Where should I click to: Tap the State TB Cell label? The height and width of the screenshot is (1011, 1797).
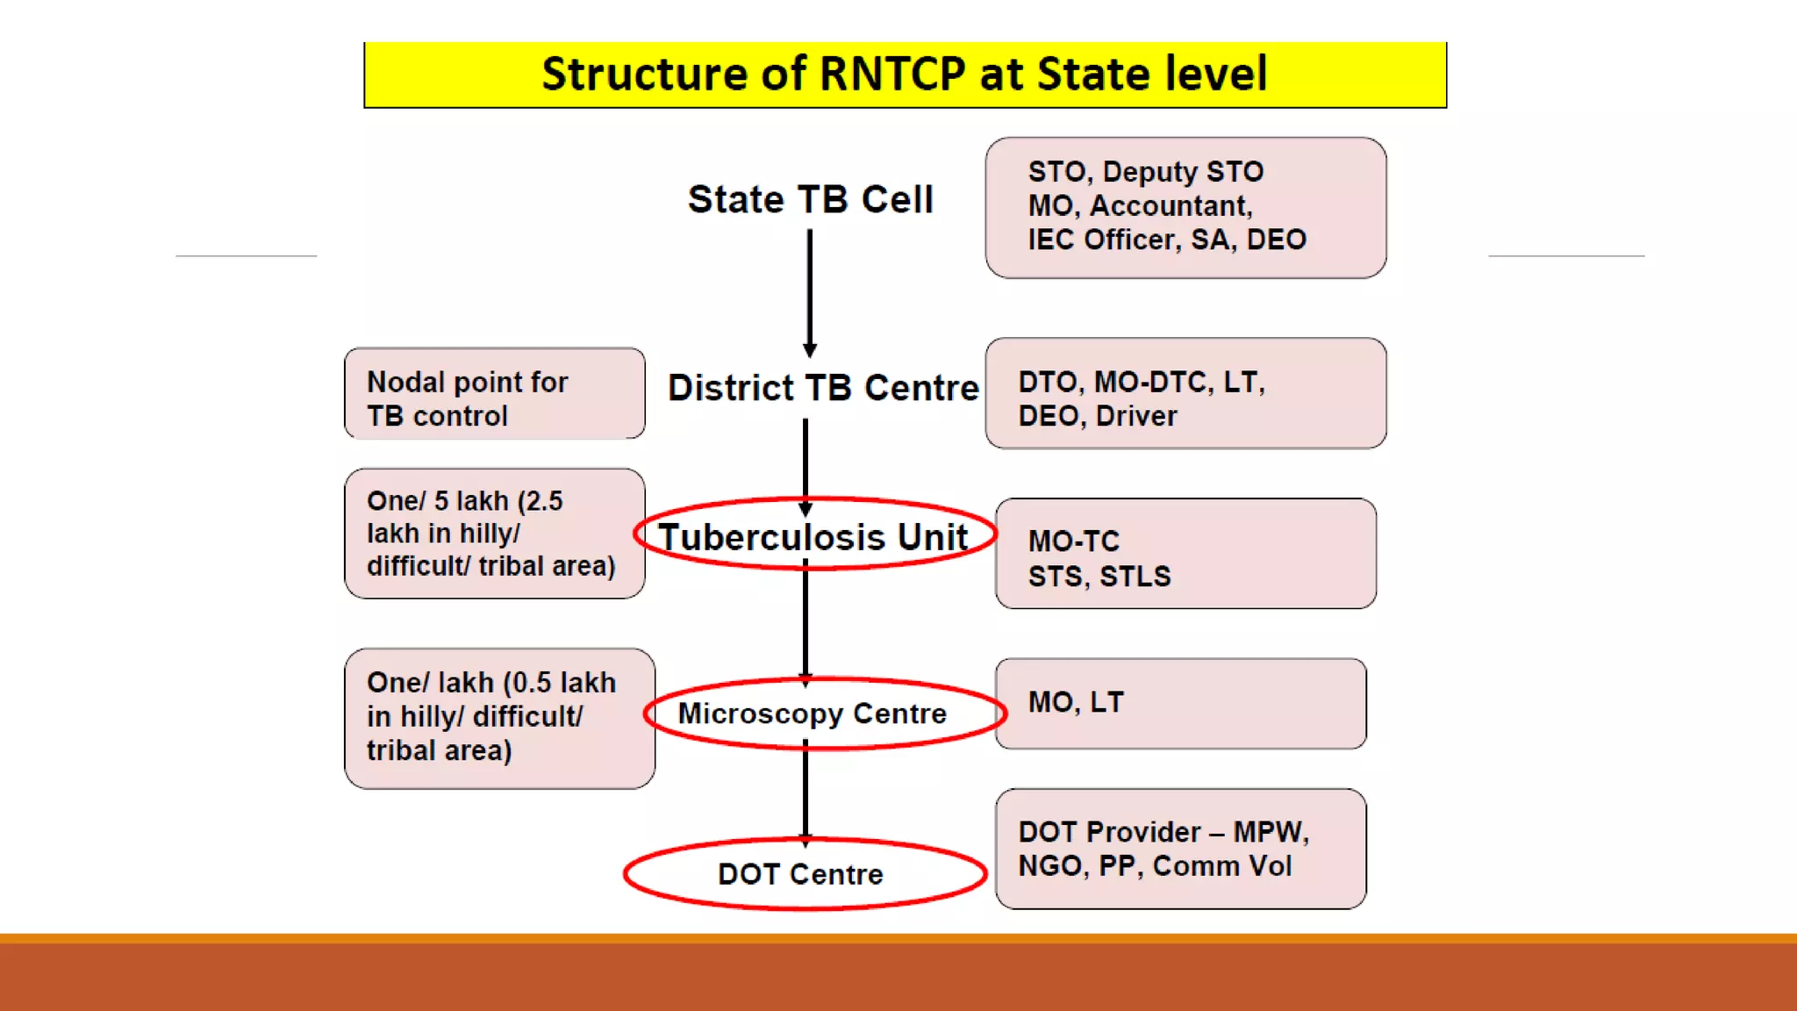click(810, 199)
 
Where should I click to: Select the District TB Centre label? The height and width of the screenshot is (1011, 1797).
click(822, 388)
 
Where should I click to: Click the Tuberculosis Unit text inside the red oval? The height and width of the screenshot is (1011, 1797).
click(813, 537)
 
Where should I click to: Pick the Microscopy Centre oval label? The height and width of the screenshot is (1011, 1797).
click(813, 713)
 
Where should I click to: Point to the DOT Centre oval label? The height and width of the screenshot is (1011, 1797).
click(800, 874)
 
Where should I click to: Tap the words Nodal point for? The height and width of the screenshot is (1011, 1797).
click(467, 383)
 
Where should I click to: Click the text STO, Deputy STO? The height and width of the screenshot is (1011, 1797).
click(1145, 171)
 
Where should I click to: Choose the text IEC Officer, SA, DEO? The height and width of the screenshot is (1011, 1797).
click(1166, 240)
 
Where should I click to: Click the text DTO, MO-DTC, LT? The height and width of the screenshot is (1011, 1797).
click(1141, 382)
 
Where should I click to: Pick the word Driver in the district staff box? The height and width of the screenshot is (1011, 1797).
click(1136, 416)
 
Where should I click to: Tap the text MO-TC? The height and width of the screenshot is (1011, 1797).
click(1074, 541)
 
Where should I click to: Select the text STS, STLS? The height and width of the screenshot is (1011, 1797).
click(1099, 577)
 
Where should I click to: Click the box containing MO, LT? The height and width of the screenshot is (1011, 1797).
click(1180, 704)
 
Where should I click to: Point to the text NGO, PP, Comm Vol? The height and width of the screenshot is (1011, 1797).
click(1154, 866)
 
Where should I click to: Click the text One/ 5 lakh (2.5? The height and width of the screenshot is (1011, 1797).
click(464, 501)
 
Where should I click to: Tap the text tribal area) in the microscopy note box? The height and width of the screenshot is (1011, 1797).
click(439, 751)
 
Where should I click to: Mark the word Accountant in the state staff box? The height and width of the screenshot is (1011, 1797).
click(1170, 206)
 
